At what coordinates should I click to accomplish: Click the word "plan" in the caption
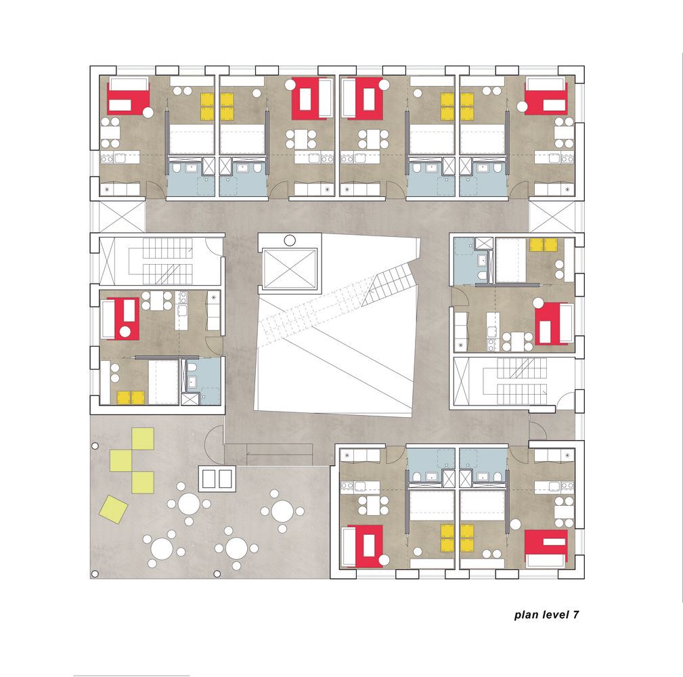(x=526, y=615)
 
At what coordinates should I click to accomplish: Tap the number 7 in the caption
(x=576, y=614)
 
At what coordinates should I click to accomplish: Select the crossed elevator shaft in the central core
(x=290, y=269)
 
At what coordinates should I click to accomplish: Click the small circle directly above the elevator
(x=290, y=240)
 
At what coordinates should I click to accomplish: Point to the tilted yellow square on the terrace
(x=114, y=509)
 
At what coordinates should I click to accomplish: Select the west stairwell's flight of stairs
(x=167, y=261)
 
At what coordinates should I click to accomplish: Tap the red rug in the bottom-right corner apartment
(x=546, y=548)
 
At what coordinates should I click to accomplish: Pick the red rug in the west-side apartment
(x=124, y=318)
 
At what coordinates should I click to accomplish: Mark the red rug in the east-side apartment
(x=551, y=323)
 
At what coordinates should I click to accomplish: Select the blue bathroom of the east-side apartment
(x=473, y=261)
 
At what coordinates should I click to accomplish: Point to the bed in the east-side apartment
(x=510, y=260)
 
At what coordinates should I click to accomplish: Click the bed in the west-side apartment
(x=163, y=382)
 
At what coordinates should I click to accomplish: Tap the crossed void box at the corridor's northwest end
(x=122, y=217)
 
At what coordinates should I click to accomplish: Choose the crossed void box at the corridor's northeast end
(x=552, y=217)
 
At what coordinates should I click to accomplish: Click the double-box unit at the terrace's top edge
(x=217, y=479)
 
